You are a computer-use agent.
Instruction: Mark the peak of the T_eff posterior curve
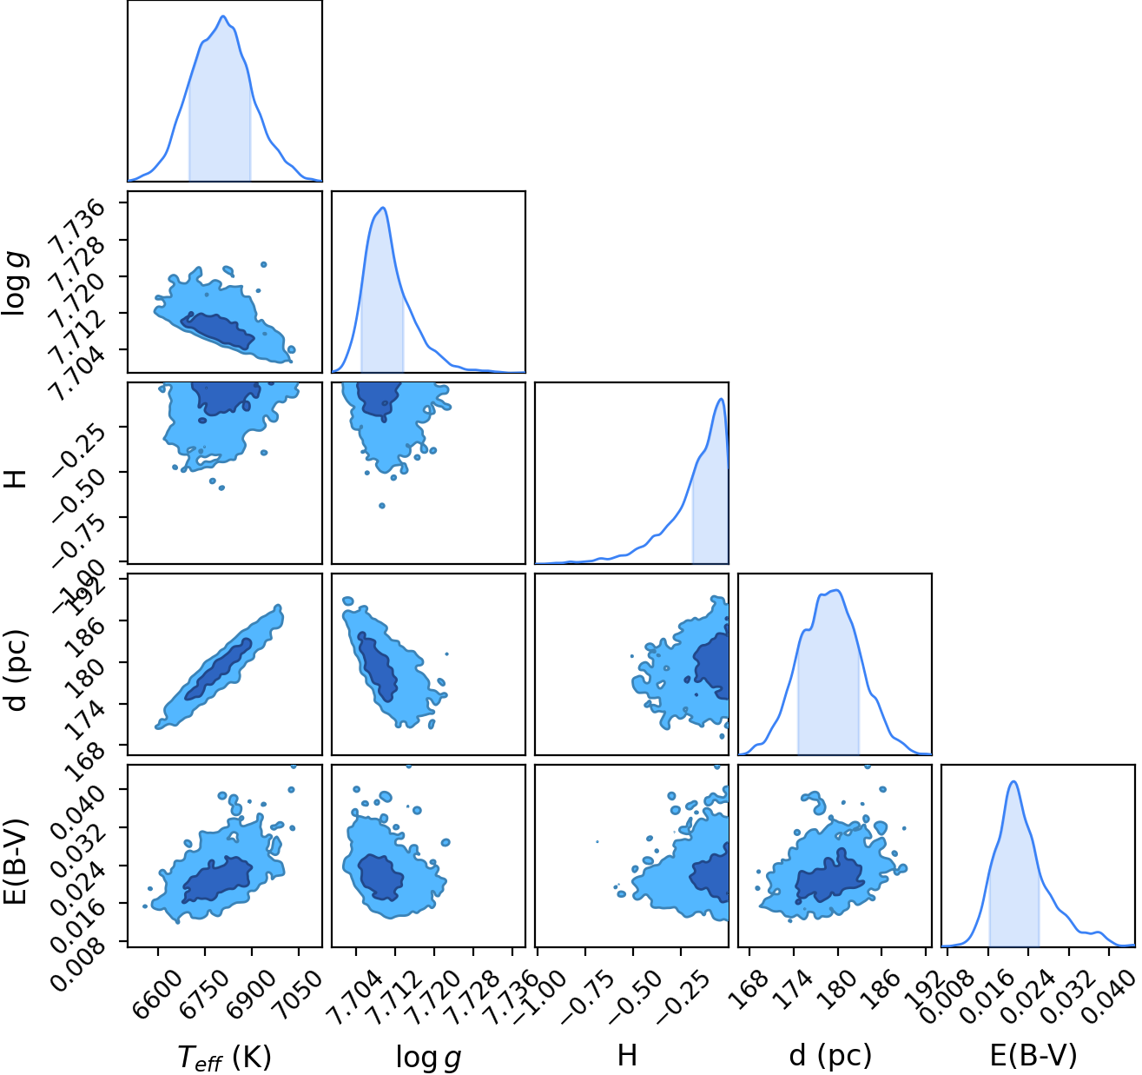point(223,17)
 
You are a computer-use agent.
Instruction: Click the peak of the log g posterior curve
point(383,208)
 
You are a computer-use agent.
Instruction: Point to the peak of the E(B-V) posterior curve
point(1013,781)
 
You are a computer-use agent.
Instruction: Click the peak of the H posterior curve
point(721,399)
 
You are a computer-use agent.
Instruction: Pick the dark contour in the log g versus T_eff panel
point(217,331)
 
